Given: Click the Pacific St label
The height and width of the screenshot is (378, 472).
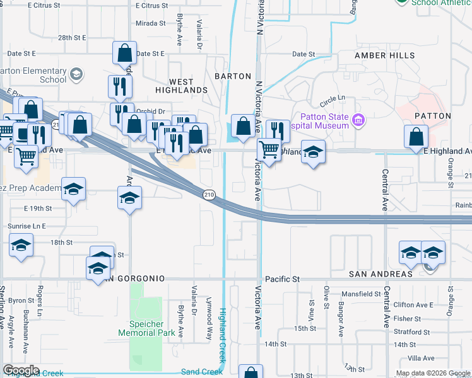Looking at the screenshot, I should coord(281,278).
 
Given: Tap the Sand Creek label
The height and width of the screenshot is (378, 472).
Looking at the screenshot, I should coord(202,372).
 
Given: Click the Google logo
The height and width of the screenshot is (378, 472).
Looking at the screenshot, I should coord(21,370).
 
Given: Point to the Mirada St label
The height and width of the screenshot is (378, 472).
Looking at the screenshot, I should coord(151,23).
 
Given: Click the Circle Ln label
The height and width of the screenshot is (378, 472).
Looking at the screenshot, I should coord(333,99).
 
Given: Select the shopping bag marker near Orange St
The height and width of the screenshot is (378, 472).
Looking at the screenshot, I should coord(416,136).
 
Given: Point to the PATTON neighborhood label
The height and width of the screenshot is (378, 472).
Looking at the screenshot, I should coord(432,116).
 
